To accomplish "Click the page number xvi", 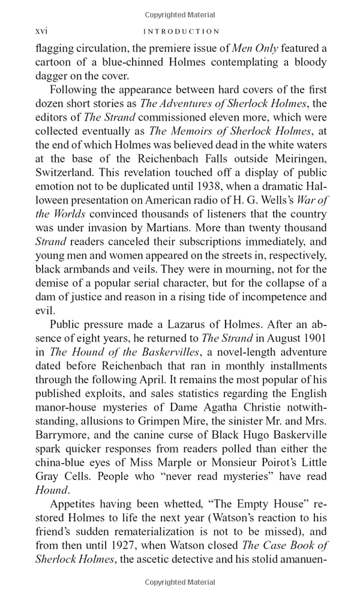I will tap(41, 31).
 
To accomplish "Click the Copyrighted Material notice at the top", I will tap(180, 15).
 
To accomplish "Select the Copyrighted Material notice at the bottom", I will tap(180, 582).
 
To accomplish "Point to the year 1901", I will tap(314, 338).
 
